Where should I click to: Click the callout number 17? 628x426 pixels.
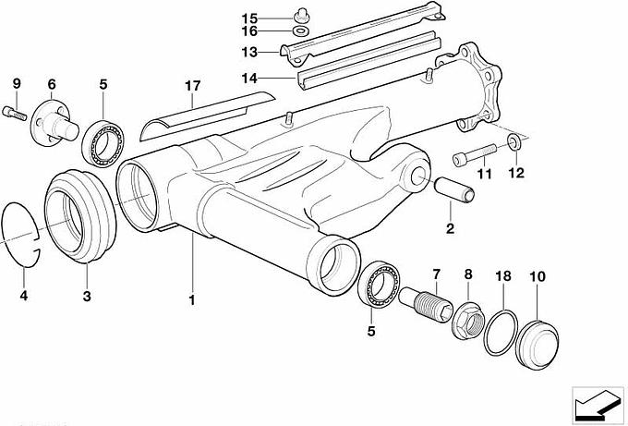[x=192, y=86]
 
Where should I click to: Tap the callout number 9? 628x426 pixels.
[x=16, y=85]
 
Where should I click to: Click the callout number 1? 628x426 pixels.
[x=192, y=299]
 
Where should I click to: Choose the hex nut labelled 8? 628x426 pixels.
[x=465, y=319]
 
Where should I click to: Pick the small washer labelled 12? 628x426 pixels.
[x=513, y=141]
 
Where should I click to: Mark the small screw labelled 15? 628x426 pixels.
[x=300, y=14]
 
